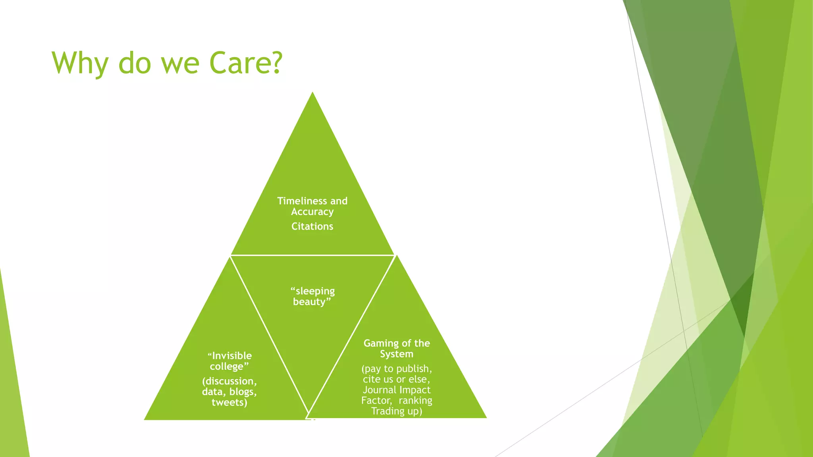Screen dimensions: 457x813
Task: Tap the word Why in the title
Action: (x=80, y=63)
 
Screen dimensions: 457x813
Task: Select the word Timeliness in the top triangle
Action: (x=302, y=201)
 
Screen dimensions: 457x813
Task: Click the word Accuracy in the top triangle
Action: (x=312, y=212)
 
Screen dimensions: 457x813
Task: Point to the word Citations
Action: (x=312, y=226)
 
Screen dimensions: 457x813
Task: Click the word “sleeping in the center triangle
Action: (x=312, y=291)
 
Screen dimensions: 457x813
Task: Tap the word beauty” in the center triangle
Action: (x=312, y=302)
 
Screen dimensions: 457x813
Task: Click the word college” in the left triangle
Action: (x=229, y=367)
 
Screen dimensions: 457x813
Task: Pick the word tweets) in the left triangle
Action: (x=229, y=403)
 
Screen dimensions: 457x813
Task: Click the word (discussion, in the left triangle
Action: (x=229, y=381)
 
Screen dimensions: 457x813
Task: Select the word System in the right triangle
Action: (x=396, y=354)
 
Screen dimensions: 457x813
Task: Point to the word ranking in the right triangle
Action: (x=415, y=401)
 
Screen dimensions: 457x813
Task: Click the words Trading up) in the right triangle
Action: (x=396, y=411)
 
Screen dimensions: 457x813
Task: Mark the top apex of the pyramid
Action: (x=312, y=93)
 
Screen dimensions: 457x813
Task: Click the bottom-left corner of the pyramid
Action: (x=144, y=419)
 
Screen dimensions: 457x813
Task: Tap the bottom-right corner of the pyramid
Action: (x=486, y=417)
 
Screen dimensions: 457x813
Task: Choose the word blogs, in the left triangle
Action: (x=243, y=392)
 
